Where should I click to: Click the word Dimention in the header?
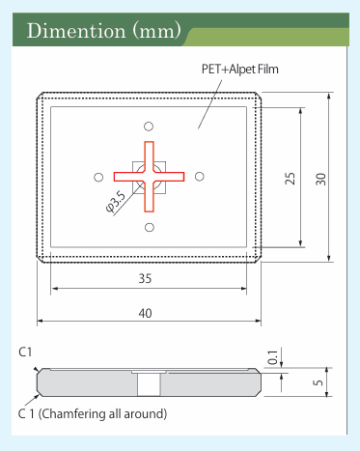[x=76, y=31]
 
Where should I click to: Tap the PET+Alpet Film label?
[x=240, y=70]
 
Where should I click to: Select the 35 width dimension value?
[x=145, y=278]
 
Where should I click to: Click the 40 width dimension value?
[x=145, y=313]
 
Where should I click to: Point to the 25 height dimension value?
[x=290, y=179]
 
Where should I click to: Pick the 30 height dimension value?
[x=320, y=179]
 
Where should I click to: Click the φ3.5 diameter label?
[x=116, y=202]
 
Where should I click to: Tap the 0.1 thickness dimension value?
[x=272, y=357]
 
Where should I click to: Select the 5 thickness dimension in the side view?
[x=318, y=382]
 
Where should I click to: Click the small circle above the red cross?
[x=149, y=127]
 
